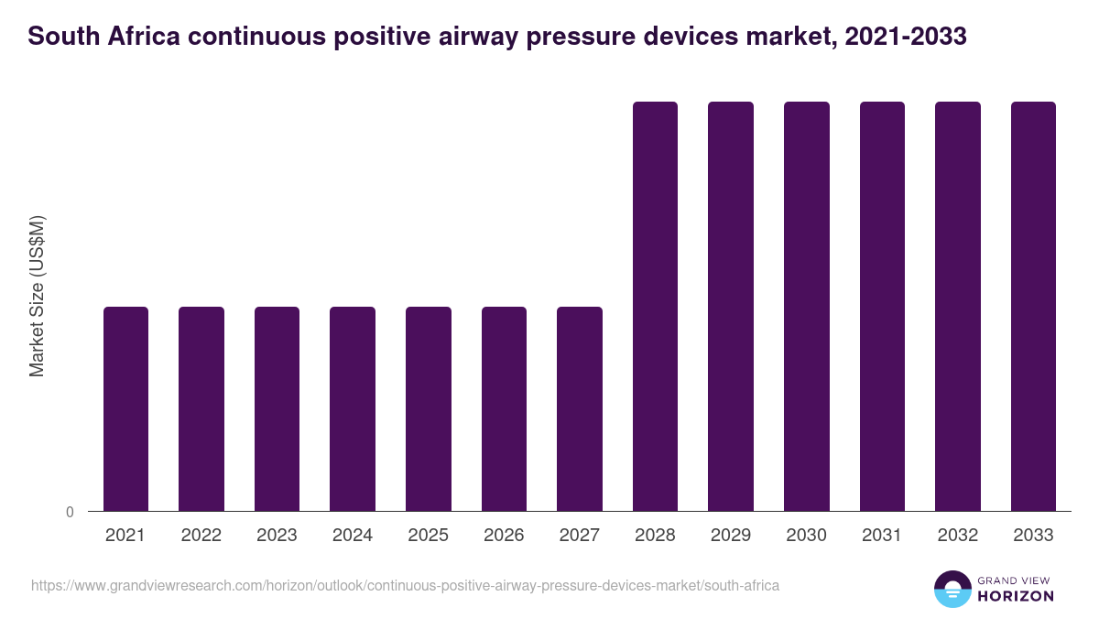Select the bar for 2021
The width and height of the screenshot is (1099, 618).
tap(125, 408)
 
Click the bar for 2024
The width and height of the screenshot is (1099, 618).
tap(353, 408)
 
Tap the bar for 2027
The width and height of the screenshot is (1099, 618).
tap(580, 408)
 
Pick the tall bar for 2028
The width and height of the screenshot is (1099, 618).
tap(655, 306)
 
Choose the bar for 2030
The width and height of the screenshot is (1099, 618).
tap(806, 306)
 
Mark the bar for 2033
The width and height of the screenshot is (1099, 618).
tap(1033, 306)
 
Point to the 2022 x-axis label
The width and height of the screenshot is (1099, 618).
tap(201, 536)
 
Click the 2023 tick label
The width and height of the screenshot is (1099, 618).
tap(277, 536)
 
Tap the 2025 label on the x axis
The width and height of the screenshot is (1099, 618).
tap(428, 536)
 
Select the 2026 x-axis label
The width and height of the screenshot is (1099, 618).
tap(504, 536)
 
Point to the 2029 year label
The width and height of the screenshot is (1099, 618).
tap(730, 536)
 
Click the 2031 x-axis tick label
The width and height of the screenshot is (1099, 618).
tap(882, 536)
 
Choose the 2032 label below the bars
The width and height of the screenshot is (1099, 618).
tap(957, 536)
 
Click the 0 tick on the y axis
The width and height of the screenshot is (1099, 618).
tap(70, 513)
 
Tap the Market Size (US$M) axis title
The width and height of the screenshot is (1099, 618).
tap(37, 296)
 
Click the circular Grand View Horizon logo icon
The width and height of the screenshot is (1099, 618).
tap(952, 589)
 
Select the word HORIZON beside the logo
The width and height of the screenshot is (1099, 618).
tap(1015, 596)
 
